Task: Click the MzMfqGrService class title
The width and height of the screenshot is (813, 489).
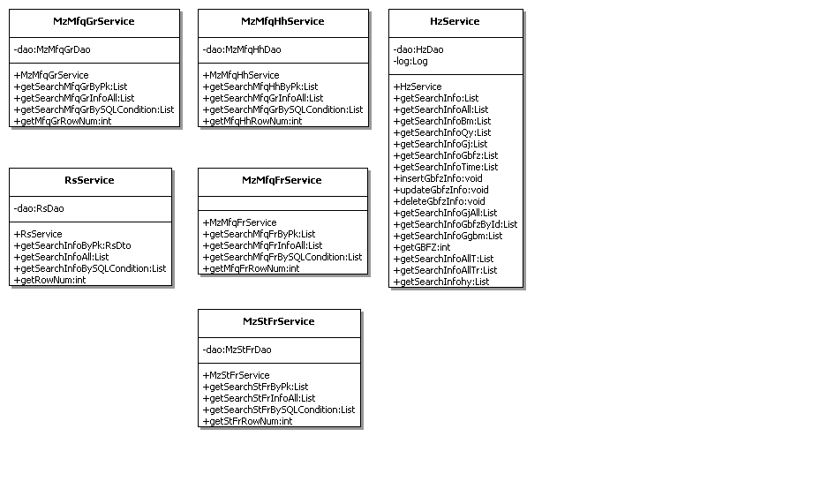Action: point(94,21)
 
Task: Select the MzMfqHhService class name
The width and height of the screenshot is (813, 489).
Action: point(282,21)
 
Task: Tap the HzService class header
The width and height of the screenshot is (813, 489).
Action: point(455,21)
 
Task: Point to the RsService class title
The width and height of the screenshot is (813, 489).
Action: point(89,180)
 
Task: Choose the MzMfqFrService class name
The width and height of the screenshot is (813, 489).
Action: point(282,180)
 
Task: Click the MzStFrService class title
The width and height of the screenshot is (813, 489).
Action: point(278,321)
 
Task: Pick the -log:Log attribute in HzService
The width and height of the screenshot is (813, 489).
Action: point(410,61)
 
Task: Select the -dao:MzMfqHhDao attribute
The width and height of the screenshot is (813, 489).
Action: point(242,49)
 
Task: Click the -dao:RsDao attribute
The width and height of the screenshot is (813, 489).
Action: point(39,208)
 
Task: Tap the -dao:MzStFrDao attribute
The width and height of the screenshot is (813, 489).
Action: point(237,350)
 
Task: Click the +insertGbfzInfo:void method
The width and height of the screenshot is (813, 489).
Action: point(438,178)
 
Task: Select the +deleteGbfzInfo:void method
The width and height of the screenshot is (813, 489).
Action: point(440,201)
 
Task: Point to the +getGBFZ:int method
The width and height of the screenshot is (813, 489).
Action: point(422,247)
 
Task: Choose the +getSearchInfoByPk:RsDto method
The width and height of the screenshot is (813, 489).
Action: point(72,245)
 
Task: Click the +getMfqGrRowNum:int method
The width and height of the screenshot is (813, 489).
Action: point(62,121)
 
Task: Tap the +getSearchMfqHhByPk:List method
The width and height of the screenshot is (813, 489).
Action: point(260,87)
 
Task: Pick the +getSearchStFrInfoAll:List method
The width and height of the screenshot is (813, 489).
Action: point(259,398)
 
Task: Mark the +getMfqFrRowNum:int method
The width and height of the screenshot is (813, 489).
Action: point(251,268)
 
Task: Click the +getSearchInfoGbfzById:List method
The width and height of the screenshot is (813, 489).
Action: point(455,224)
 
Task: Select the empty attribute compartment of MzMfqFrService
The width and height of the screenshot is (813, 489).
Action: point(282,203)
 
